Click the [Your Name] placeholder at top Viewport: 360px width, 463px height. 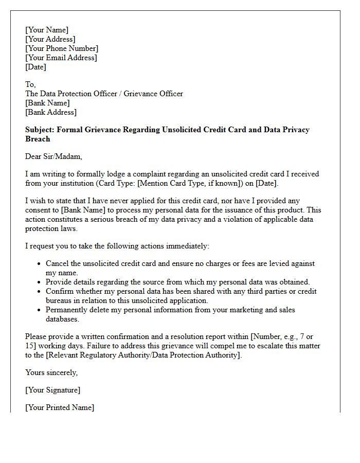pos(47,30)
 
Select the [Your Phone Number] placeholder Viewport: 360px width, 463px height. pos(62,48)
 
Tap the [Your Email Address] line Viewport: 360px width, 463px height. pos(61,58)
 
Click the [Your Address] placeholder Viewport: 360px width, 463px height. pos(50,39)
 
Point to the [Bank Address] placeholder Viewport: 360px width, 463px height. pos(51,112)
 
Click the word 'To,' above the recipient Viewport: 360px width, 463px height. pos(31,84)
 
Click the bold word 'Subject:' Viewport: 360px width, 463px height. pos(40,130)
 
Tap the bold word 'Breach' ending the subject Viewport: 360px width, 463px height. pos(38,139)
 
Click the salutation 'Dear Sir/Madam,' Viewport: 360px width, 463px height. pos(53,156)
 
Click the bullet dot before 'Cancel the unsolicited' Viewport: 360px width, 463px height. pos(40,264)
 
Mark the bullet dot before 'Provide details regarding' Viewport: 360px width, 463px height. pos(40,282)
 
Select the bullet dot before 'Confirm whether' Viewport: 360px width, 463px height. pos(40,292)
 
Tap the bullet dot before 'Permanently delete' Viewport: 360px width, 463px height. pos(40,310)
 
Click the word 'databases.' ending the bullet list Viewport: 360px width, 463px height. pos(62,319)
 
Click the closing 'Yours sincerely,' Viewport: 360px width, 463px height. pos(51,372)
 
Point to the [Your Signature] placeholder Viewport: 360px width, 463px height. pos(52,390)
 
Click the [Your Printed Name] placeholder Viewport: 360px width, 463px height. pos(60,407)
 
